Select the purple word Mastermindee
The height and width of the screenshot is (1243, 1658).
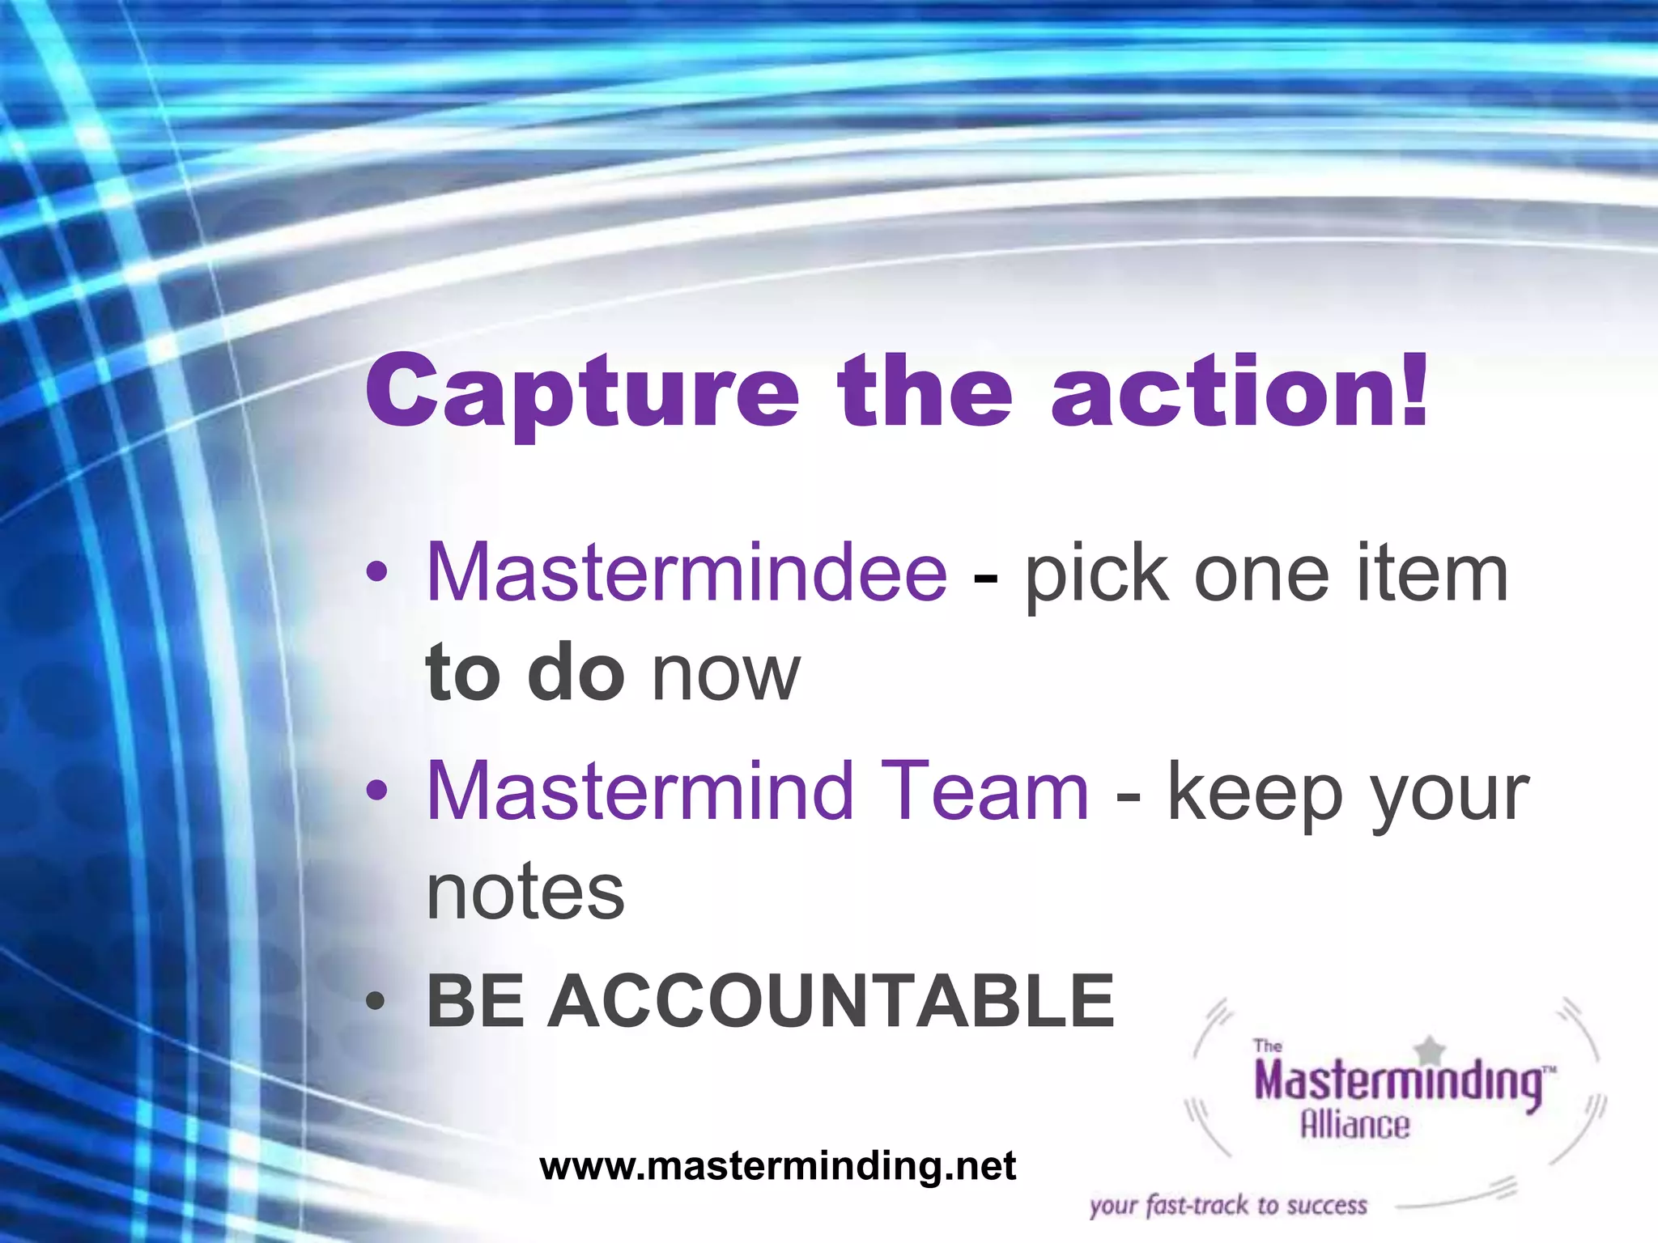coord(687,573)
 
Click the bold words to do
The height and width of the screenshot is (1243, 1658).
coord(525,672)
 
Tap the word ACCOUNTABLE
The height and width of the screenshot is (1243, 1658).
coord(831,1002)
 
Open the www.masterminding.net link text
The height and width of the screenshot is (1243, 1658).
coord(777,1166)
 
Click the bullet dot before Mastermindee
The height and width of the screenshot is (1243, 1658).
coord(376,573)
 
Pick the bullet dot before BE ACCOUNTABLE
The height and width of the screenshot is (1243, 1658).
coord(376,1002)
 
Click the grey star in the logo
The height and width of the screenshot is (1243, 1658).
coord(1431,1051)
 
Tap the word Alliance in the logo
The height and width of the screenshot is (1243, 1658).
coord(1354,1125)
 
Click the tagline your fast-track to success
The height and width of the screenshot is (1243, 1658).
coord(1228,1206)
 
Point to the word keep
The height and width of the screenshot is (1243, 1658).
coord(1256,794)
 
